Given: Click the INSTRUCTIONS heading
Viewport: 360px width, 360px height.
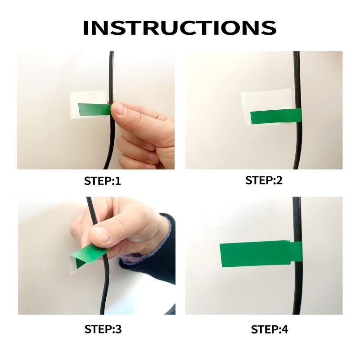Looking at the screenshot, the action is pos(180,28).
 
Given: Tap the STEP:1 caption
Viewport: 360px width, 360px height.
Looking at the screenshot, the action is pos(103,181).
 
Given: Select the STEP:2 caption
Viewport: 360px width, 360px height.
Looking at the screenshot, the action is pos(264,180).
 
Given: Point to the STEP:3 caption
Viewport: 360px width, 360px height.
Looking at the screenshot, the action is pos(103,329).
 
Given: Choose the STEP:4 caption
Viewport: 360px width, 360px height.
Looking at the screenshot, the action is pos(269,329).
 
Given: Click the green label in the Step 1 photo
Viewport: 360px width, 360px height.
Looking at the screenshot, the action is pos(94,109).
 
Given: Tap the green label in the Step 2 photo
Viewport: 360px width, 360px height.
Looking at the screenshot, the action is pos(275,116).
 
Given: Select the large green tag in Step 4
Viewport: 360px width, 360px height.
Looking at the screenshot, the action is pos(255,254).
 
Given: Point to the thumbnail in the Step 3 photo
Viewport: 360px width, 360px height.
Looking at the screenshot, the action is pos(100,234).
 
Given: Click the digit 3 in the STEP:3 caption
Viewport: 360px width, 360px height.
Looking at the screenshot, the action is pos(118,329).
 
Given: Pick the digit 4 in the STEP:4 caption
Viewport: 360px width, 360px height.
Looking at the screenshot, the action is pos(284,329).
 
